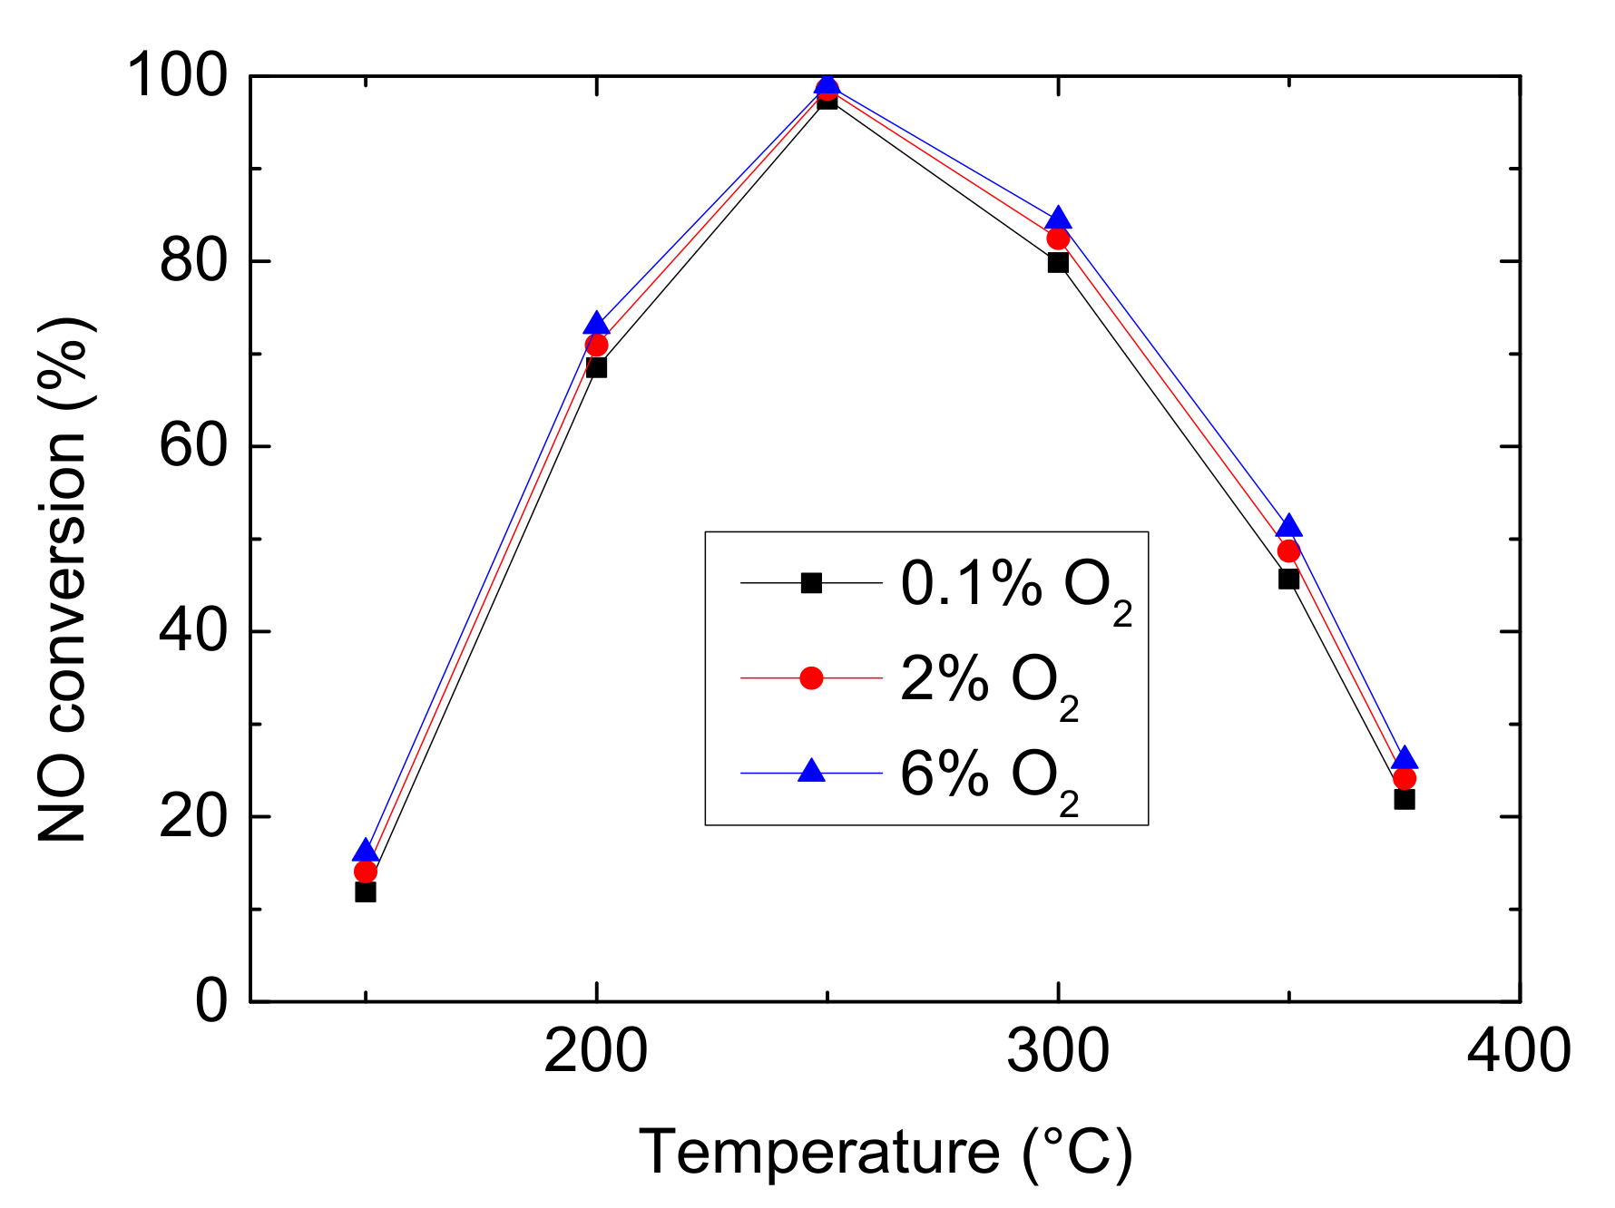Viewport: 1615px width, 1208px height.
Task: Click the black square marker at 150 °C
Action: (366, 892)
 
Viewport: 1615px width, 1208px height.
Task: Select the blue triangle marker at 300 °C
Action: (1058, 219)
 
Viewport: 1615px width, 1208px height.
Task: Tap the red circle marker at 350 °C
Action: (1288, 551)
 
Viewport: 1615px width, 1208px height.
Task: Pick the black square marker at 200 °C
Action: (596, 367)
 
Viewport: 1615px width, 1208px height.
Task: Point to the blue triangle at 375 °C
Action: (1404, 758)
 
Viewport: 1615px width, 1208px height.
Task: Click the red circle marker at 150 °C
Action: (366, 872)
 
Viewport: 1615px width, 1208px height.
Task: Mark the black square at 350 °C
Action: (1288, 579)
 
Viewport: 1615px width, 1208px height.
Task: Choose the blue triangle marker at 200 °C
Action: (596, 323)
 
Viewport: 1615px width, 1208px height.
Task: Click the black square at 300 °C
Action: (1058, 263)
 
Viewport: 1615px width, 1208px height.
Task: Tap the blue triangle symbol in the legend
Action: (811, 772)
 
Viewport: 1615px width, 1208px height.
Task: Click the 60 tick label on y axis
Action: (192, 446)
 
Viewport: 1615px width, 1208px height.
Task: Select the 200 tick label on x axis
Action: (596, 1051)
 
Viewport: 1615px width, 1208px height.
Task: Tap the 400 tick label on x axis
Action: (1519, 1051)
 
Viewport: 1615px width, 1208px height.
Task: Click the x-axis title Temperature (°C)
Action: (886, 1152)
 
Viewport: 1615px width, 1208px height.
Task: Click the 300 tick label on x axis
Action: (1058, 1051)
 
